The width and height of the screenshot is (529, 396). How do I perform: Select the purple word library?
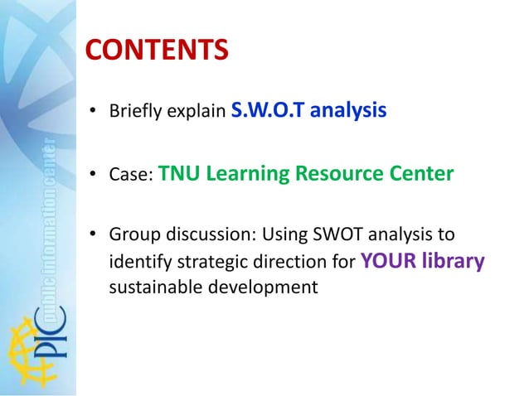[453, 262]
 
